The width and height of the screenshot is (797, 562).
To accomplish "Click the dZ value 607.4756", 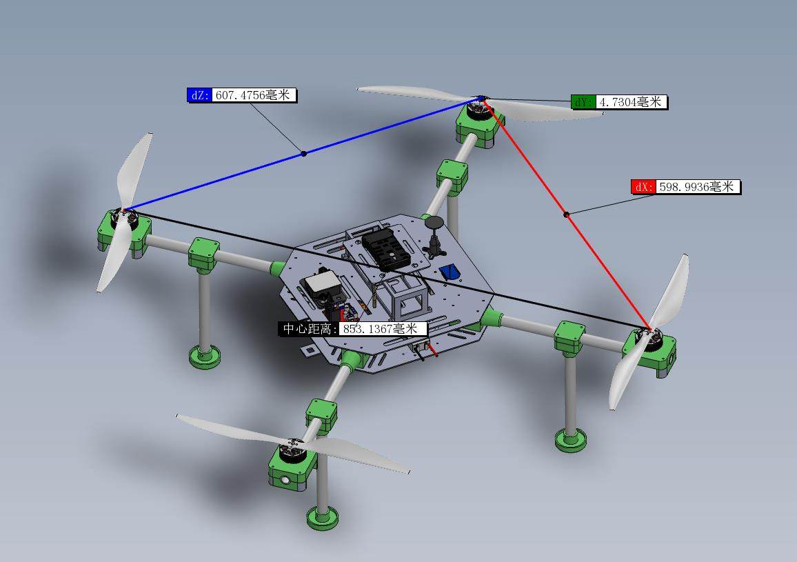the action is [253, 95].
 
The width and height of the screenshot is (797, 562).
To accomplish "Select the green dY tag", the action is [583, 102].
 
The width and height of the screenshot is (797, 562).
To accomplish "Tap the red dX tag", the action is [643, 187].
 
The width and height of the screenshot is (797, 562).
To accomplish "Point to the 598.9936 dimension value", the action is [697, 187].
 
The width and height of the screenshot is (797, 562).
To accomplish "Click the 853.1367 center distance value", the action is [381, 329].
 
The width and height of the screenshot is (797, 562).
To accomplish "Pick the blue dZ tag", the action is [200, 95].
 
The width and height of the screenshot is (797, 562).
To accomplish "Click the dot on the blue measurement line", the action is [303, 153].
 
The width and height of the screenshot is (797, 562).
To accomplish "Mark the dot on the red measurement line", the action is [566, 214].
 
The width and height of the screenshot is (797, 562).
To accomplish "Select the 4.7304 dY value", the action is [631, 102].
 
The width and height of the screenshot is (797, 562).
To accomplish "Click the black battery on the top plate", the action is [384, 248].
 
